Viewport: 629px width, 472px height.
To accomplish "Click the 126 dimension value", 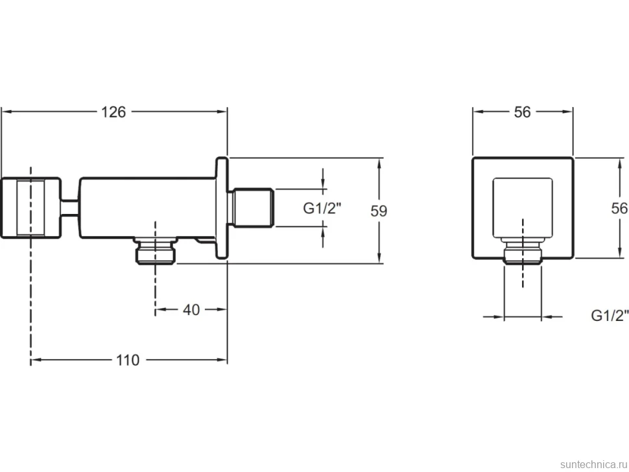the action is (x=113, y=112).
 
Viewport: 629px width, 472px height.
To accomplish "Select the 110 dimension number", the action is (x=128, y=360).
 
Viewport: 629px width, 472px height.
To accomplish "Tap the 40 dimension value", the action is (x=191, y=309).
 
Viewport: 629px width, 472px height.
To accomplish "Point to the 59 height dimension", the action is (x=378, y=211).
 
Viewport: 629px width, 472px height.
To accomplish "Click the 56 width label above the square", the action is (x=522, y=112).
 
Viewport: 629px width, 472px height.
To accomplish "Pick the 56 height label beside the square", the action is (x=619, y=208).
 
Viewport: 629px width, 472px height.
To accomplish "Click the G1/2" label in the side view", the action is (x=322, y=208).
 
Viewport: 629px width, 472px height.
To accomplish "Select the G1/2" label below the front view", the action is (x=610, y=316).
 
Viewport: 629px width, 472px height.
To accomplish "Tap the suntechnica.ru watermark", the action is (x=593, y=464).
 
